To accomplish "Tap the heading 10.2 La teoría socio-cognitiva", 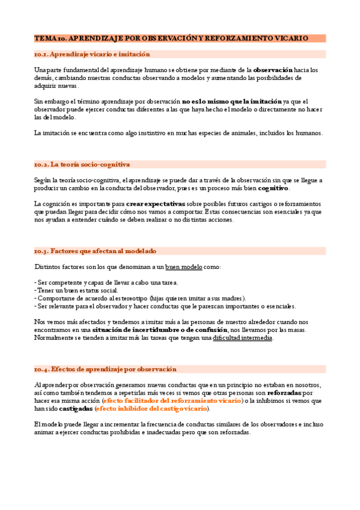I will click(82, 164).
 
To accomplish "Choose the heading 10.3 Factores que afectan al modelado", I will click(96, 251).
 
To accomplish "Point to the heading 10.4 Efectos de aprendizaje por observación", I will click(105, 369).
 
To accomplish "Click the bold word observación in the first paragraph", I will click(273, 70).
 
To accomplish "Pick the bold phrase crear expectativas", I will click(155, 204).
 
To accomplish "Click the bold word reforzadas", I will click(284, 393).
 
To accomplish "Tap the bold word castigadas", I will click(76, 409).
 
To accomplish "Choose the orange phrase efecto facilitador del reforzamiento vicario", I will click(172, 401).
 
